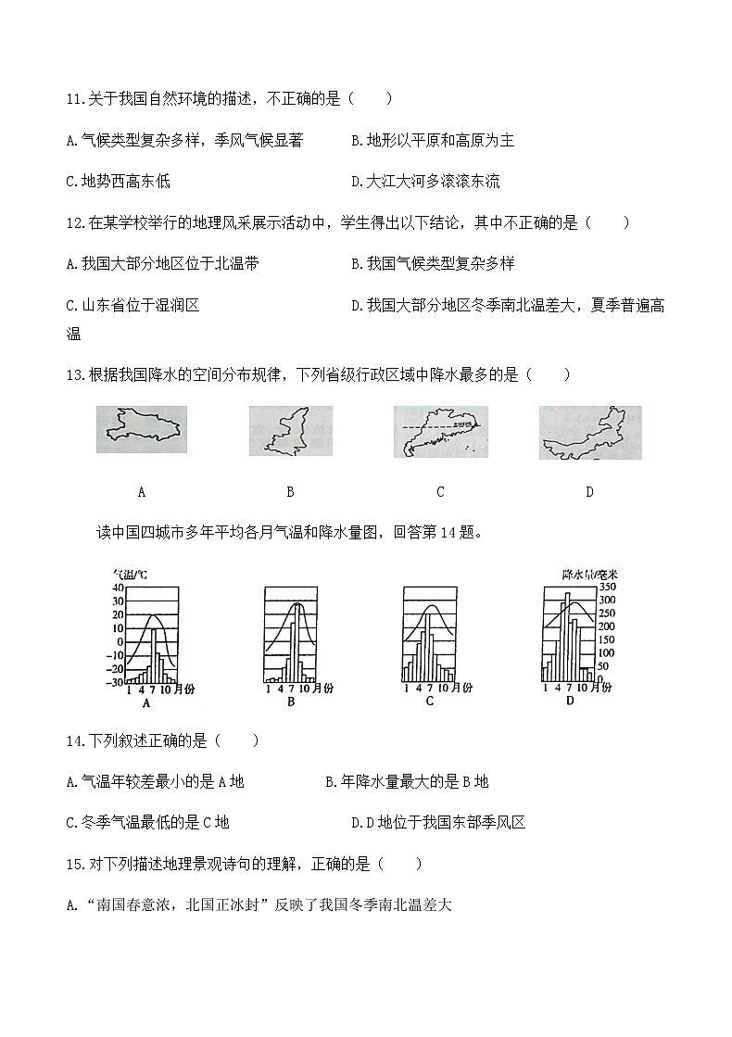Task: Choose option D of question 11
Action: (x=425, y=182)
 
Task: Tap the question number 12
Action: (x=74, y=222)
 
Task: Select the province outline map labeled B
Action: (x=290, y=431)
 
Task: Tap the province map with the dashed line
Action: (x=440, y=433)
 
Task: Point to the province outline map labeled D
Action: (x=589, y=433)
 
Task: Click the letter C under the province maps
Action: (x=440, y=492)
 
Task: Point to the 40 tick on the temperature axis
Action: (x=117, y=588)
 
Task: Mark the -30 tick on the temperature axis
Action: (x=115, y=682)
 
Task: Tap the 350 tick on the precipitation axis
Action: (x=606, y=588)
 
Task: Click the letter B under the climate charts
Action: (x=291, y=702)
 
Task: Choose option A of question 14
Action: (x=156, y=781)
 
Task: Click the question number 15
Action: (x=74, y=864)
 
